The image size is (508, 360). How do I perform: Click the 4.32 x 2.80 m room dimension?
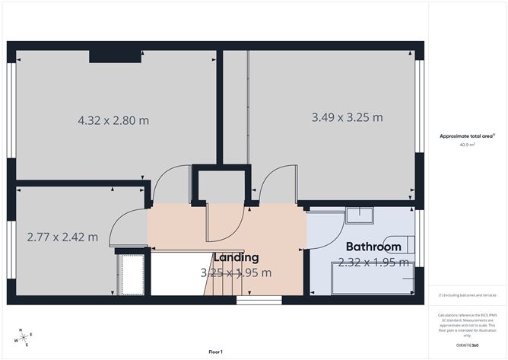click(113, 120)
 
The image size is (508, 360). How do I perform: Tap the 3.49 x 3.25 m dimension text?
click(347, 117)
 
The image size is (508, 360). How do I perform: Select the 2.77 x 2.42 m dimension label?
click(62, 237)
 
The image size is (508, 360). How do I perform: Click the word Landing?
click(236, 257)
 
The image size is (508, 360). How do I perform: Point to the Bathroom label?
click(373, 247)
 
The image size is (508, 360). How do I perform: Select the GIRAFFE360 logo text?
click(467, 345)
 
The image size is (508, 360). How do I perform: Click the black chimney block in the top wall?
click(113, 56)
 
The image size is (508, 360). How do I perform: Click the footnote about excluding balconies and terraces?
click(467, 295)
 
